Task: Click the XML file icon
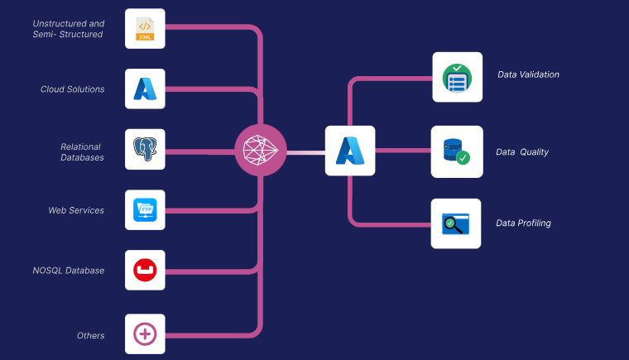pyautogui.click(x=145, y=29)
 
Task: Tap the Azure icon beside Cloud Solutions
pyautogui.click(x=145, y=89)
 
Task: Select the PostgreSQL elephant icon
pyautogui.click(x=145, y=150)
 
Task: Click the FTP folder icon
pyautogui.click(x=145, y=210)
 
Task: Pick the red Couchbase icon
pyautogui.click(x=145, y=271)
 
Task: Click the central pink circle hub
pyautogui.click(x=261, y=151)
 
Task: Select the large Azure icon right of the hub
pyautogui.click(x=349, y=151)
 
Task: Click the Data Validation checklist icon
pyautogui.click(x=457, y=77)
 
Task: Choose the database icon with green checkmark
pyautogui.click(x=456, y=151)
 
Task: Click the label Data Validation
pyautogui.click(x=528, y=74)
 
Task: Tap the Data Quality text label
pyautogui.click(x=522, y=152)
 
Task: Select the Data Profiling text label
pyautogui.click(x=523, y=223)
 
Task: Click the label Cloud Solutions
pyautogui.click(x=73, y=89)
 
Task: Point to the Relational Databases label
pyautogui.click(x=82, y=151)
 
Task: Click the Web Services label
pyautogui.click(x=76, y=210)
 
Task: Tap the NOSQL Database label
pyautogui.click(x=69, y=271)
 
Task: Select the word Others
pyautogui.click(x=90, y=335)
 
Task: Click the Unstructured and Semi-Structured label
pyautogui.click(x=68, y=29)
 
